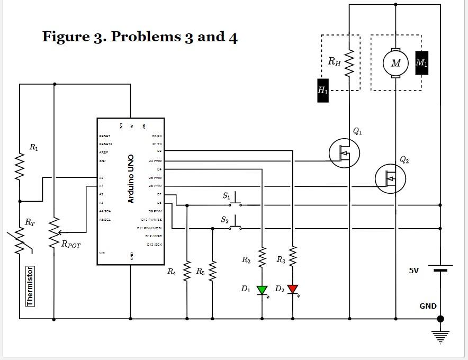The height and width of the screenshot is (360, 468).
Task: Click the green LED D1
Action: coord(262,290)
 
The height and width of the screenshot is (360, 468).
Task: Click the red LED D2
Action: coord(293,290)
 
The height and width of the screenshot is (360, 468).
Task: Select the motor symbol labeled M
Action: coord(395,63)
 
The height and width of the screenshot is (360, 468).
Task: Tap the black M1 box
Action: coord(421,63)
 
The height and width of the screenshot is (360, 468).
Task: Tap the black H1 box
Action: coord(322,90)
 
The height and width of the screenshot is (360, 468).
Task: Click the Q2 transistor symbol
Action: coord(390,179)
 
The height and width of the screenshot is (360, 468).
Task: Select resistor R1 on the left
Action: coord(20,167)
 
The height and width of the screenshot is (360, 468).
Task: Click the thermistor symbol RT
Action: coord(20,241)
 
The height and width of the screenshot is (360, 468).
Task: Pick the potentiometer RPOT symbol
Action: coord(53,233)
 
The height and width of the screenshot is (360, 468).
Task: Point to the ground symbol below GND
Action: coord(440,335)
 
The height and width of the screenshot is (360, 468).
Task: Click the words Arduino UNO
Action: coord(131,179)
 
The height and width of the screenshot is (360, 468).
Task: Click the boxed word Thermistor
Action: coord(30,286)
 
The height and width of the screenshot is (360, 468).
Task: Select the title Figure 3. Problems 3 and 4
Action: coord(140,37)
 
